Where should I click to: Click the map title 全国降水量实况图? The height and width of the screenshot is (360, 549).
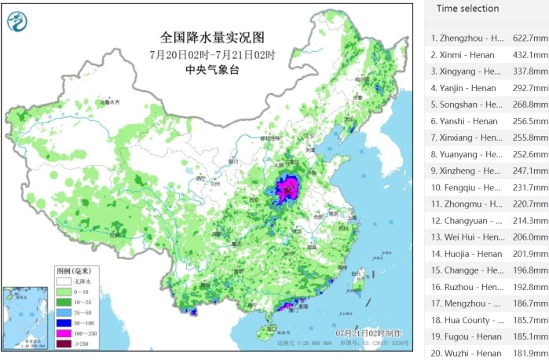[212, 38]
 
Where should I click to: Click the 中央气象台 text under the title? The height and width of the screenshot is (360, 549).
[212, 70]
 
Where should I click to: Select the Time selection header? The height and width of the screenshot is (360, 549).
[467, 9]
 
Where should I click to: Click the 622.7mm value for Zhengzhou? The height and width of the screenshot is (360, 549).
[529, 38]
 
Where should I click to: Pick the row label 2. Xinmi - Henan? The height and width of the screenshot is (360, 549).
[463, 54]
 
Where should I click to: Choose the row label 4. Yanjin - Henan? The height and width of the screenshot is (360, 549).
[463, 88]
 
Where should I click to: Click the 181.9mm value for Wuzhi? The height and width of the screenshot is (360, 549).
[529, 353]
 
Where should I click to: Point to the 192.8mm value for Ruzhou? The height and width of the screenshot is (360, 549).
[529, 287]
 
